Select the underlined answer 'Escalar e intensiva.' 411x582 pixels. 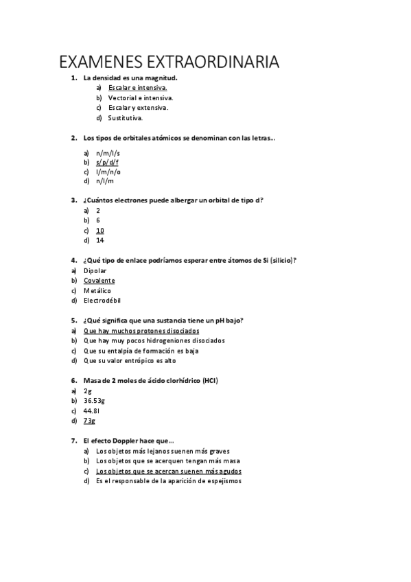137,88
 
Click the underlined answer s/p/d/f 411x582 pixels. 107,162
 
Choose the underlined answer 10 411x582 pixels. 100,231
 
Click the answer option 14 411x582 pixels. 100,240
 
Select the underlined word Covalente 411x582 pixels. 99,280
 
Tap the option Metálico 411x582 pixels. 97,290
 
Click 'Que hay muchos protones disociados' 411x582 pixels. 141,330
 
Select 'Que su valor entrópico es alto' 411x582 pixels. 130,360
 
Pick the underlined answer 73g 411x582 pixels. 89,420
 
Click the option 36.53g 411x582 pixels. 95,400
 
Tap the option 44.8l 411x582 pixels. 92,410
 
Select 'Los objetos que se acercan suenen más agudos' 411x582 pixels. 169,472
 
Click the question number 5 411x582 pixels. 73,320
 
